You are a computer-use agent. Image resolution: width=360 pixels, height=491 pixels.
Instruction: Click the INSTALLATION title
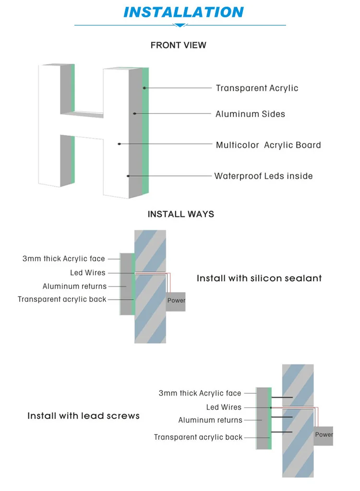pyautogui.click(x=184, y=12)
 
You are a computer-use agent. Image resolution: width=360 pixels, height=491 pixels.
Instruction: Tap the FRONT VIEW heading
pyautogui.click(x=178, y=45)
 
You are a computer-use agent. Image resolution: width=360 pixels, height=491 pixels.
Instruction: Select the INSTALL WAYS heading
pyautogui.click(x=181, y=214)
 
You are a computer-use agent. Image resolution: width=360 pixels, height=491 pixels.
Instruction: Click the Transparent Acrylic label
pyautogui.click(x=257, y=88)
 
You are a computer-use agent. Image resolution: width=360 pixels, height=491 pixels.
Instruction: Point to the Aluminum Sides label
pyautogui.click(x=250, y=114)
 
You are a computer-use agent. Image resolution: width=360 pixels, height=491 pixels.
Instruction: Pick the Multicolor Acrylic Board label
pyautogui.click(x=268, y=145)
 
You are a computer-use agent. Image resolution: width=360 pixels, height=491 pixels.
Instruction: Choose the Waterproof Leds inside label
pyautogui.click(x=264, y=176)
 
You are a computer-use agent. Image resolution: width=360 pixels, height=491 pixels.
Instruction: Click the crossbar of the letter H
pyautogui.click(x=82, y=114)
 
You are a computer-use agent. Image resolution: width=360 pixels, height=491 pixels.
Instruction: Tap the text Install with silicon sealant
pyautogui.click(x=259, y=278)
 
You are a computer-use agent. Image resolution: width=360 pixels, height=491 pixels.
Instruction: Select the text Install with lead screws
pyautogui.click(x=84, y=416)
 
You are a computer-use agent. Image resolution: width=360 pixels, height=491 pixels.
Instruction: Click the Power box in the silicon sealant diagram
pyautogui.click(x=176, y=301)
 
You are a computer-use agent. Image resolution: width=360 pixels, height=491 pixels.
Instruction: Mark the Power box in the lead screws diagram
pyautogui.click(x=324, y=435)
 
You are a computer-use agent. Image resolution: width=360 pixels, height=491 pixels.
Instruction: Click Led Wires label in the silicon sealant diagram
pyautogui.click(x=88, y=273)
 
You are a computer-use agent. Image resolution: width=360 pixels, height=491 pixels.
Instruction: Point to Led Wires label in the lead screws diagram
pyautogui.click(x=224, y=407)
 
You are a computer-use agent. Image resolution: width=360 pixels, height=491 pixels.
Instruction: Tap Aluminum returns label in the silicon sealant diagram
pyautogui.click(x=74, y=287)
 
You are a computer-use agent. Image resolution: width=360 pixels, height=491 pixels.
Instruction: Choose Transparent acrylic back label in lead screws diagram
pyautogui.click(x=198, y=437)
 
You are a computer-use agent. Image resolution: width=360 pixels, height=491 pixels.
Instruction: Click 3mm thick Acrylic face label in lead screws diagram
pyautogui.click(x=200, y=394)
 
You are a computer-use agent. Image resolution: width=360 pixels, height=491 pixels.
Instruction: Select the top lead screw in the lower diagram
pyautogui.click(x=283, y=398)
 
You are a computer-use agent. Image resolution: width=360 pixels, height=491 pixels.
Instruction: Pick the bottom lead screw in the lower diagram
pyautogui.click(x=283, y=433)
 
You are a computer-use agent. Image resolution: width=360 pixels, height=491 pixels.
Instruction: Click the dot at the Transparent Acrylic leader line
pyautogui.click(x=144, y=88)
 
